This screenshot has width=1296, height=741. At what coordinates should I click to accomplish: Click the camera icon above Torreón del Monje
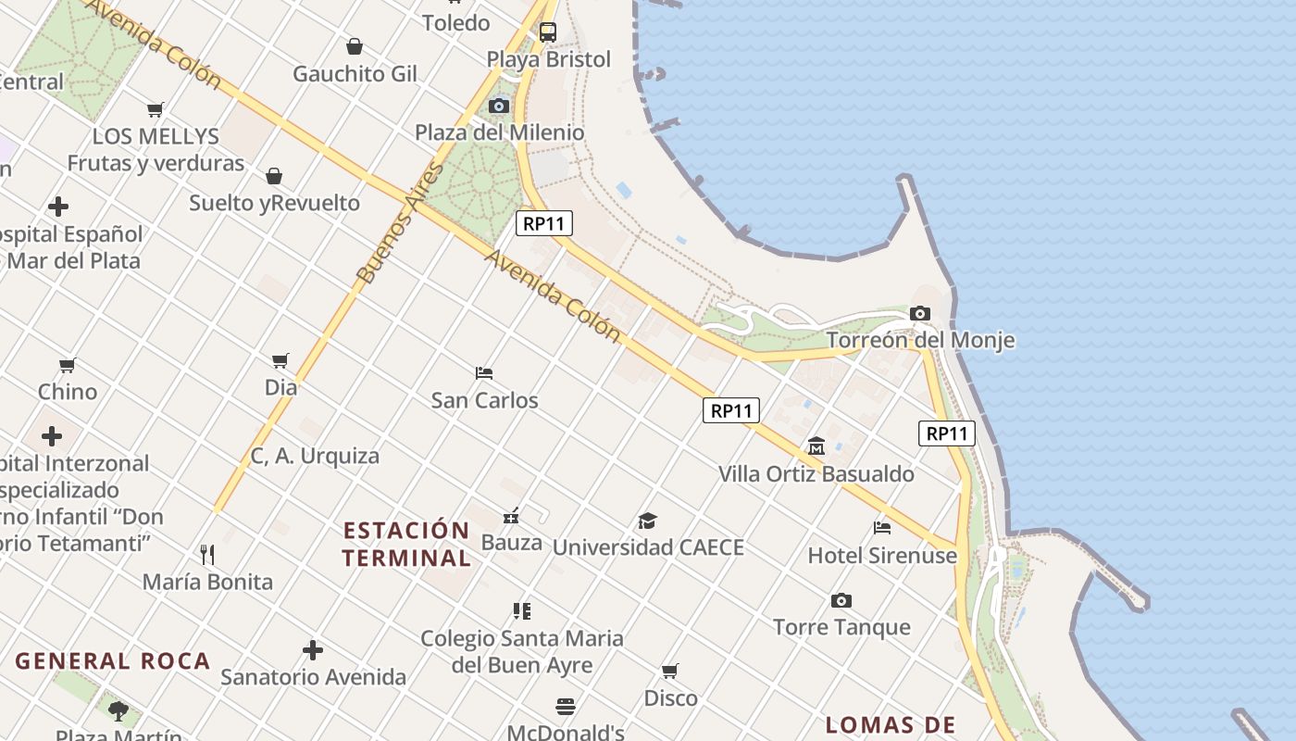pyautogui.click(x=919, y=314)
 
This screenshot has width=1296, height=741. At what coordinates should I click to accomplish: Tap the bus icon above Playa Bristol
pyautogui.click(x=548, y=32)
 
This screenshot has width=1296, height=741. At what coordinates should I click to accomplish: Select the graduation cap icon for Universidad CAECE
pyautogui.click(x=647, y=521)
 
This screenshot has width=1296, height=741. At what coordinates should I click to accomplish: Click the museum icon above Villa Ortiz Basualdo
pyautogui.click(x=816, y=447)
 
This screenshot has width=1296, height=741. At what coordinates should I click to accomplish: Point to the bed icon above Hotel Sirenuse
pyautogui.click(x=881, y=528)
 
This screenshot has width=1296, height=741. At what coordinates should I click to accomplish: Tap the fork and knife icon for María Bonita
pyautogui.click(x=207, y=555)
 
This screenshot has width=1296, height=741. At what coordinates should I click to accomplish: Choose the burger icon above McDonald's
pyautogui.click(x=566, y=707)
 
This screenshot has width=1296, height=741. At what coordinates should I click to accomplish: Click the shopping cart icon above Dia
pyautogui.click(x=280, y=360)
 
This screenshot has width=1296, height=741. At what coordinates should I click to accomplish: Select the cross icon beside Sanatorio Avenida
pyautogui.click(x=313, y=650)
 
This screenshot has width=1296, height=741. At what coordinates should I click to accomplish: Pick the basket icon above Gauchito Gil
pyautogui.click(x=354, y=46)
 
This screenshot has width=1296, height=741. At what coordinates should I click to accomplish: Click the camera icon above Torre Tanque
pyautogui.click(x=841, y=600)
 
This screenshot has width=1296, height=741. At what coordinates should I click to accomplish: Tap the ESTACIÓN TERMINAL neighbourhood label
pyautogui.click(x=406, y=544)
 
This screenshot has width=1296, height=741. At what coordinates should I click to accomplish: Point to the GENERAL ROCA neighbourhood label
pyautogui.click(x=113, y=661)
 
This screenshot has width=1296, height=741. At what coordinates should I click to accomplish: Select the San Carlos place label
pyautogui.click(x=484, y=400)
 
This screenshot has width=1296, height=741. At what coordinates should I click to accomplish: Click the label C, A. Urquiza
pyautogui.click(x=315, y=456)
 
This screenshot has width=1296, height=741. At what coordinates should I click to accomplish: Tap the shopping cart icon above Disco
pyautogui.click(x=669, y=671)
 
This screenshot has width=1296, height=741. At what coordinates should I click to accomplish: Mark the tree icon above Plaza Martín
pyautogui.click(x=118, y=710)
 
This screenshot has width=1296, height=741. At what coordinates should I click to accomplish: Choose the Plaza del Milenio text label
pyautogui.click(x=499, y=132)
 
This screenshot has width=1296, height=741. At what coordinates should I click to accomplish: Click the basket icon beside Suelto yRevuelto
pyautogui.click(x=274, y=176)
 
